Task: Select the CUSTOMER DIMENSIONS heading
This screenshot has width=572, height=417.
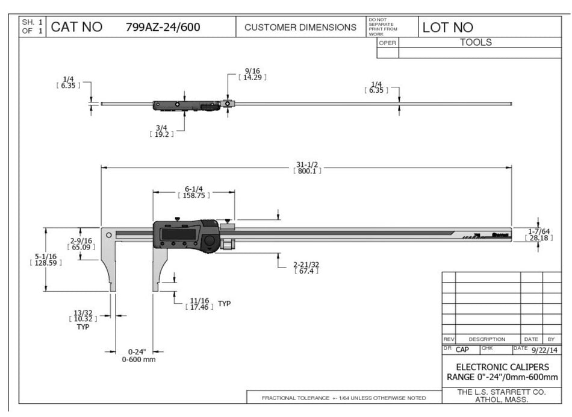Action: (x=300, y=27)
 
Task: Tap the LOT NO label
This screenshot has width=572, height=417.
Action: (x=448, y=27)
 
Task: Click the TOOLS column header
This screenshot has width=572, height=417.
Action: (x=476, y=43)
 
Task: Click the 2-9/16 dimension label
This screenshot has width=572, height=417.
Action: (x=80, y=240)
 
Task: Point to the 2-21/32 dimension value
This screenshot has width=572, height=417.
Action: (x=306, y=264)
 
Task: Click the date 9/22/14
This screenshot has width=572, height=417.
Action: (x=544, y=350)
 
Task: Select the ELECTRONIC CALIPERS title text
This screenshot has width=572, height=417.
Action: (x=502, y=366)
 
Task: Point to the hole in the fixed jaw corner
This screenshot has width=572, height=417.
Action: (x=108, y=235)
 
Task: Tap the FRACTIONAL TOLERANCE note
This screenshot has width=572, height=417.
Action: (x=343, y=398)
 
